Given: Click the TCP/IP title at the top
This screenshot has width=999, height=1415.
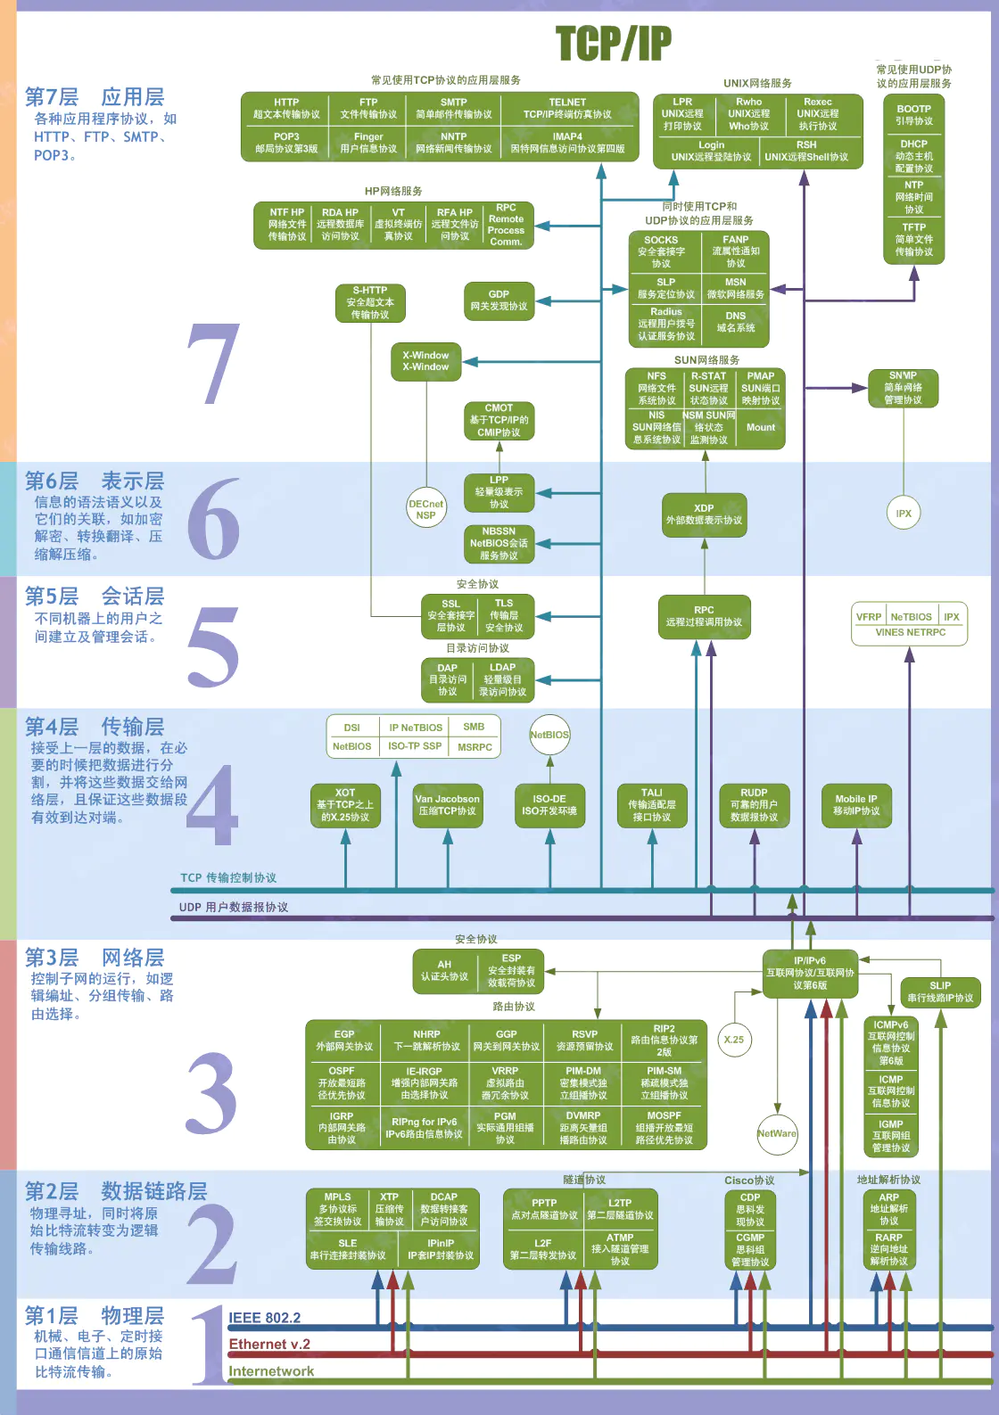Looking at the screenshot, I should (613, 43).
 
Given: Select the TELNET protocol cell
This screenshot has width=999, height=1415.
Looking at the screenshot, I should (567, 109).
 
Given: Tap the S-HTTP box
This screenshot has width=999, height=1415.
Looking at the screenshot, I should (370, 302).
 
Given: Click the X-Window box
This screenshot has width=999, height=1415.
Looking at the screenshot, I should (425, 361).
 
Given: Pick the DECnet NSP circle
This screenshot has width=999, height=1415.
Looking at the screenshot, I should (425, 509).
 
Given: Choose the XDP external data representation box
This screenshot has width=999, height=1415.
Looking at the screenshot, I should (704, 514).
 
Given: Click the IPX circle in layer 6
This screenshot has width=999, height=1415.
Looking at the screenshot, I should (904, 514).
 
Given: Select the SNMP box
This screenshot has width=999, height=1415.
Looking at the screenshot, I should (903, 388).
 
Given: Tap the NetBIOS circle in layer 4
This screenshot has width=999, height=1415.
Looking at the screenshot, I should (549, 735).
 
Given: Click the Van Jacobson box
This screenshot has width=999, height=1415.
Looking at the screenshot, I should (447, 805).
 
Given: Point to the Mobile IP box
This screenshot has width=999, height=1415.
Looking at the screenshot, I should (856, 805).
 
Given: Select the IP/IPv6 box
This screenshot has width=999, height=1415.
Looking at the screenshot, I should (810, 973).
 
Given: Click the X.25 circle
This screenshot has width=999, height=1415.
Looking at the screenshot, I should (734, 1040).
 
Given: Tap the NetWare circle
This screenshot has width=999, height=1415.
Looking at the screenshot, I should (777, 1133).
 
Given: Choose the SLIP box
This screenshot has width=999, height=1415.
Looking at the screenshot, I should (940, 991).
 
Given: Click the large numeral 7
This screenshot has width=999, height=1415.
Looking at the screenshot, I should (214, 364).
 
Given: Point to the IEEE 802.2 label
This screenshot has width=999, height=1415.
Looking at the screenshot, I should (264, 1318).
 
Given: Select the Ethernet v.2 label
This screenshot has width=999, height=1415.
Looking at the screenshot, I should (269, 1345).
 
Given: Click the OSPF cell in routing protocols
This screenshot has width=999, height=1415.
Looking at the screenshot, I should (342, 1082).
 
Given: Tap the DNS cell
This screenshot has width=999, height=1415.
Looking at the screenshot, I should (736, 322).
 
